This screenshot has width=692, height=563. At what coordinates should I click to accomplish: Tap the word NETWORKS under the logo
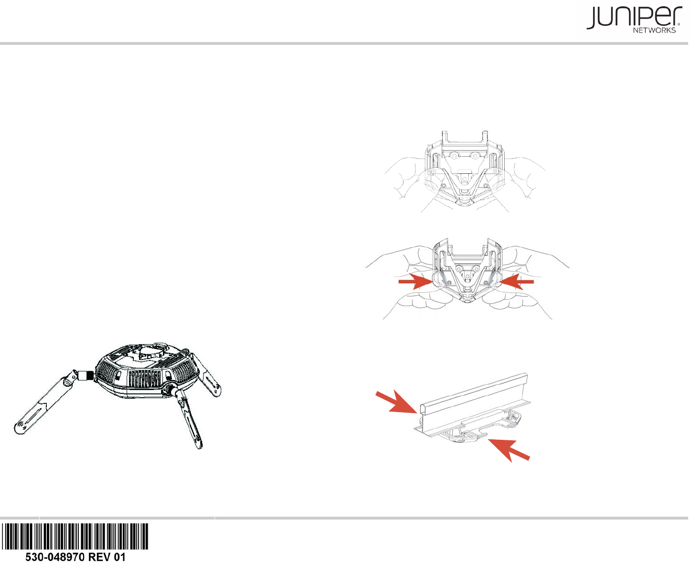click(x=654, y=30)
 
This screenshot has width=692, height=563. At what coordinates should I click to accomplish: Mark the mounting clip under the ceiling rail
click(x=483, y=425)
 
